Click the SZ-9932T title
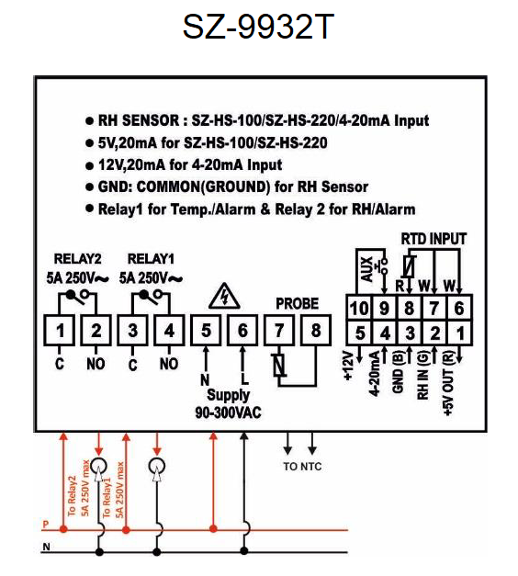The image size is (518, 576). tap(258, 27)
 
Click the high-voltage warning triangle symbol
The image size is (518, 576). tap(224, 296)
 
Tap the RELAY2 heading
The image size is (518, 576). tap(77, 259)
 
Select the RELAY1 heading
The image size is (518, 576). tap(151, 259)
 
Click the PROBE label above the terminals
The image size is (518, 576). tap(298, 304)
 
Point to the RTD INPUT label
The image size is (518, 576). tap(434, 239)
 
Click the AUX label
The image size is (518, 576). tap(367, 269)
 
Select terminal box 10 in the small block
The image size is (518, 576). tap(359, 308)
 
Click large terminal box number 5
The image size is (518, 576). tap(206, 330)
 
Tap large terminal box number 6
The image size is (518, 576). tap(242, 330)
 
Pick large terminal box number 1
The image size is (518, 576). tap(59, 330)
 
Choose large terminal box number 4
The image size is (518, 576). tap(169, 330)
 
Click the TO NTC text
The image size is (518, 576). tap(302, 467)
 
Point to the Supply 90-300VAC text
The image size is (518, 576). tap(228, 403)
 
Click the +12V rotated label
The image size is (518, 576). tap(349, 366)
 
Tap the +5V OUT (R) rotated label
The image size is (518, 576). tap(448, 383)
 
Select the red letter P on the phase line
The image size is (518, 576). tap(46, 525)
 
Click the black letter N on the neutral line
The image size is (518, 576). tap(46, 547)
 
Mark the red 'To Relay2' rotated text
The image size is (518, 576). tap(72, 496)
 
